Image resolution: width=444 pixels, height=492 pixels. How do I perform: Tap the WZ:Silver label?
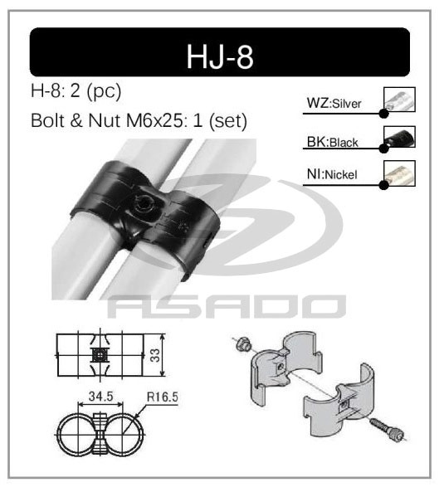point(334,103)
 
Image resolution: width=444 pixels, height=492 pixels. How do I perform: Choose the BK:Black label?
point(332,142)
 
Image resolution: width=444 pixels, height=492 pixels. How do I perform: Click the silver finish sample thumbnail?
point(400,100)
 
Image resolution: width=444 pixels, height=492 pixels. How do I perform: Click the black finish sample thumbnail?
point(400,136)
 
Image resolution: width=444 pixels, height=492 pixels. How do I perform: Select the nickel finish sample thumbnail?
point(400,172)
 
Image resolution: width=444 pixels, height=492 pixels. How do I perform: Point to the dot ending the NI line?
point(383,184)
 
